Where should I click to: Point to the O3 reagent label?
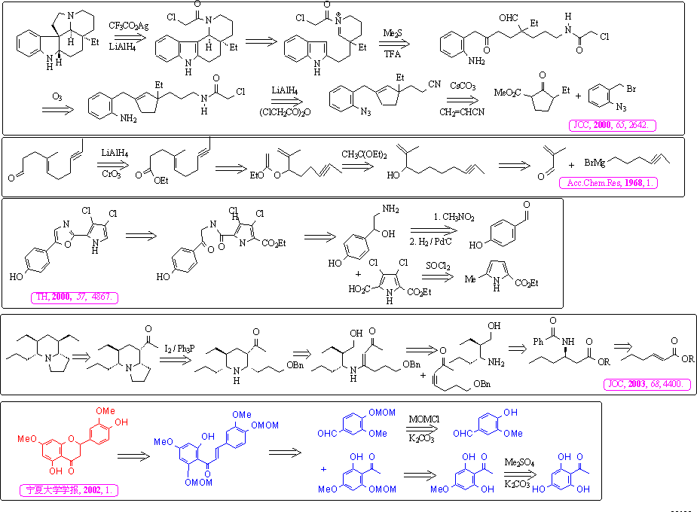[57, 96]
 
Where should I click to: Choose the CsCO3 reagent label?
[460, 87]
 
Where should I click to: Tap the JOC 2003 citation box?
[647, 384]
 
